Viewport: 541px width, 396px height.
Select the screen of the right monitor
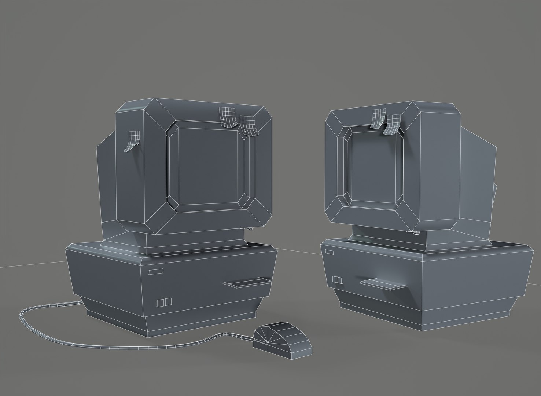pyautogui.click(x=374, y=167)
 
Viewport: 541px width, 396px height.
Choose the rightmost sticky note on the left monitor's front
pyautogui.click(x=248, y=125)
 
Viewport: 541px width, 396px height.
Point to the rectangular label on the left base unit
pyautogui.click(x=156, y=271)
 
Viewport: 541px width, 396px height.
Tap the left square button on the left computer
pyautogui.click(x=160, y=302)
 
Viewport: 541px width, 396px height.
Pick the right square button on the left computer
pyautogui.click(x=168, y=301)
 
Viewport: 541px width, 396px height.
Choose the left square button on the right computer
pyautogui.click(x=334, y=279)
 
